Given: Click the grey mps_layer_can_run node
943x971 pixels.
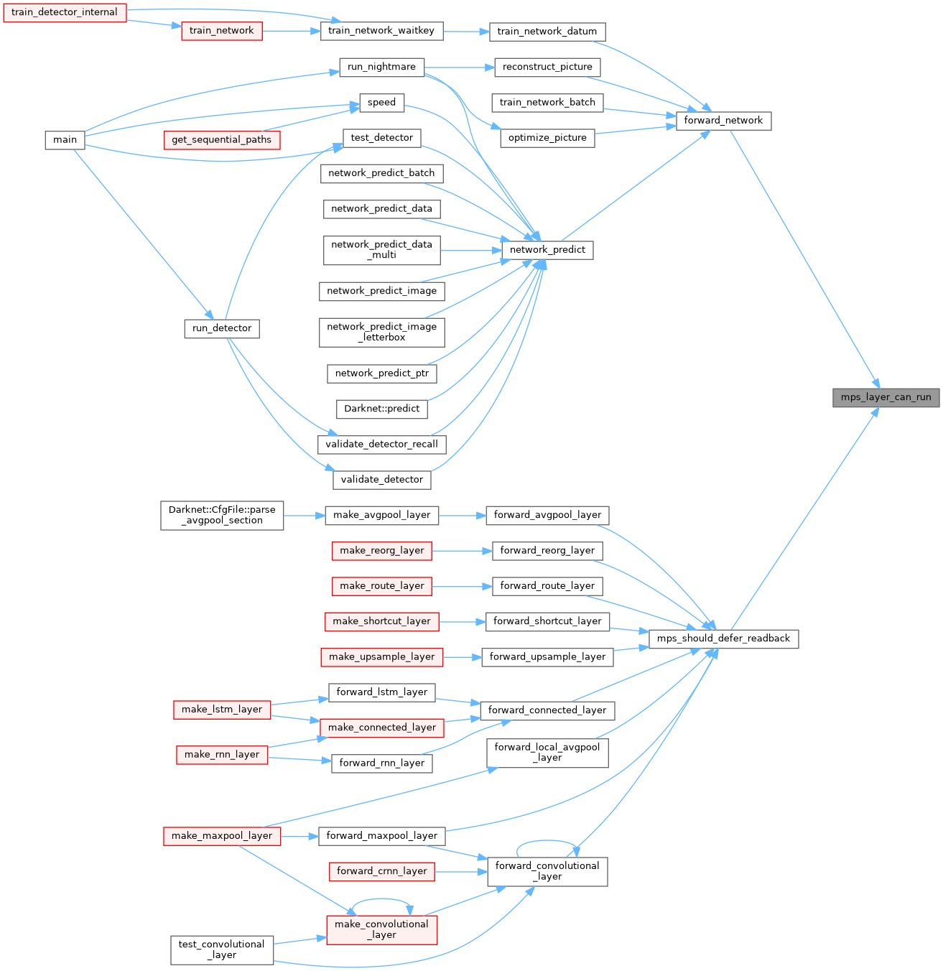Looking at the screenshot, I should (x=886, y=397).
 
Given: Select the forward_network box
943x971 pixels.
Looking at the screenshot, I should (x=723, y=121).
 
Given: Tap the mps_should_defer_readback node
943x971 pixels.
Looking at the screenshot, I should (x=723, y=638).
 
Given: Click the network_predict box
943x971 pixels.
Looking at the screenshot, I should (x=547, y=250).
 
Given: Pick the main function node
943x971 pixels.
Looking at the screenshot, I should (x=65, y=139).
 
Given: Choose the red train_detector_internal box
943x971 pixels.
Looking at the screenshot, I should (x=65, y=12).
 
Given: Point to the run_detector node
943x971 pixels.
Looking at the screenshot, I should (x=222, y=328).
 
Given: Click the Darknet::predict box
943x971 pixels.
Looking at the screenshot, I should (x=381, y=409).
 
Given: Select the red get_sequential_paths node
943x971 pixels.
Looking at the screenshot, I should (x=221, y=139).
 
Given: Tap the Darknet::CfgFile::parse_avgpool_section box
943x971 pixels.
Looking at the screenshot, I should (x=222, y=515).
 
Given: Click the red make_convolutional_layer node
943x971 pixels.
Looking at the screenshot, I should (x=381, y=929).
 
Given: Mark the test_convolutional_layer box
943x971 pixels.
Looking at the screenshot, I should (x=222, y=949).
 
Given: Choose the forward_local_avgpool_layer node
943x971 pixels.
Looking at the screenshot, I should (x=547, y=752).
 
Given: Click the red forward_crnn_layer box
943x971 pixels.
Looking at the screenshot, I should (x=381, y=871).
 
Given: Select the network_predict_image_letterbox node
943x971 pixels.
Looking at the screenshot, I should (x=381, y=332).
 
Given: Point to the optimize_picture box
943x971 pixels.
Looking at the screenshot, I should (x=547, y=138).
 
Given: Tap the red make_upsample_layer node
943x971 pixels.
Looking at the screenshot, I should (x=381, y=656).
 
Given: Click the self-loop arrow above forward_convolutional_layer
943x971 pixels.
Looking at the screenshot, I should (x=547, y=841).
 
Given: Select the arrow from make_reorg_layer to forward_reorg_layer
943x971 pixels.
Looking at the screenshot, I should (x=462, y=551).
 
